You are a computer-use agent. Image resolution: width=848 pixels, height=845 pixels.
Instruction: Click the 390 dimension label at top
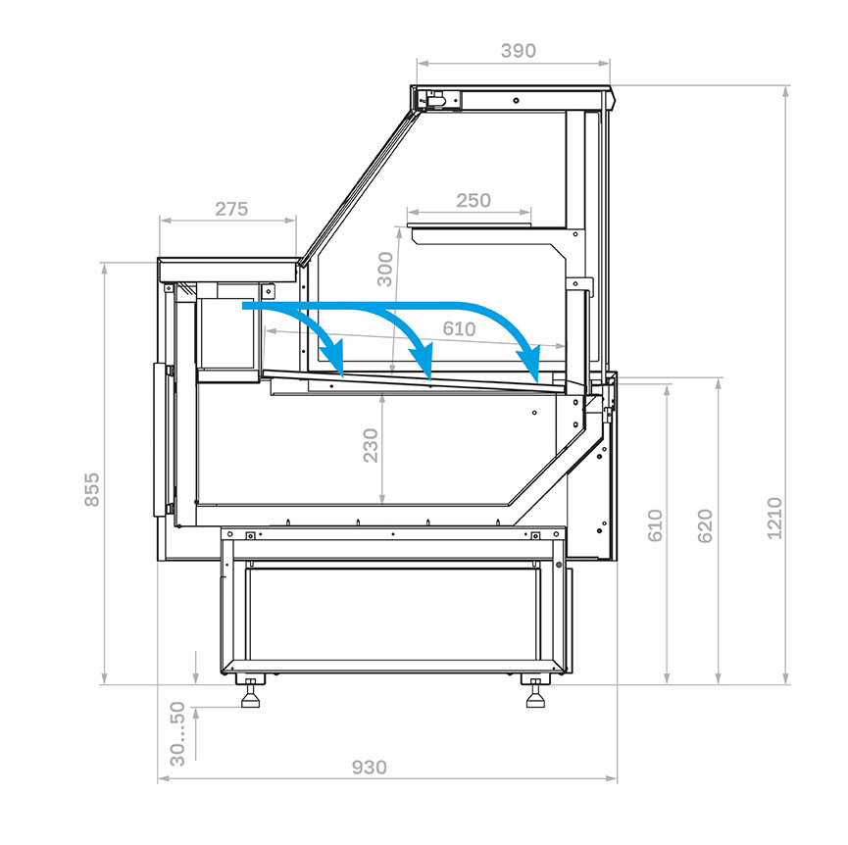(518, 50)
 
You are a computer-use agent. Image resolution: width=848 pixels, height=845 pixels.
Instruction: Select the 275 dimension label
(231, 209)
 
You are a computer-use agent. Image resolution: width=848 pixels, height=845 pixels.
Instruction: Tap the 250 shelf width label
(474, 200)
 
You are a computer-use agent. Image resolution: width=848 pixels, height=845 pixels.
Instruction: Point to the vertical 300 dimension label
(385, 269)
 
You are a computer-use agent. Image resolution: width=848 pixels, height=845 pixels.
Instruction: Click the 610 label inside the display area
(459, 328)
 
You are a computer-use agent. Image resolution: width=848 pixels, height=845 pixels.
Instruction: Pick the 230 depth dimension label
(371, 445)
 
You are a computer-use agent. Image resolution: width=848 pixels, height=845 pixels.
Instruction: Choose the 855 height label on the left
(92, 489)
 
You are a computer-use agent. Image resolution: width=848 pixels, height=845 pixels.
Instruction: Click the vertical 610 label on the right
(655, 525)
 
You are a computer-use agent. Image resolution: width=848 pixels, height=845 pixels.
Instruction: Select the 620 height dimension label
(705, 525)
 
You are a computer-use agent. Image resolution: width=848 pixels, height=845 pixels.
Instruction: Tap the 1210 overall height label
(774, 518)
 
